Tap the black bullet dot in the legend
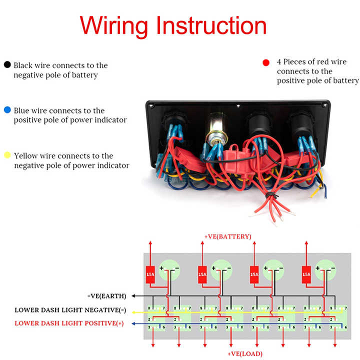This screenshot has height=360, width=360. [7, 65]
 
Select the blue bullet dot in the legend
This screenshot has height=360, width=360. [7, 110]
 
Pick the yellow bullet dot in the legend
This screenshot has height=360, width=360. [7, 155]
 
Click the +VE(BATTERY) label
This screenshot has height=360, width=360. [227, 236]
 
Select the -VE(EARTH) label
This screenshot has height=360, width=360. [106, 295]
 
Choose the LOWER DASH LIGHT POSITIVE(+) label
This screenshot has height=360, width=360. [69, 323]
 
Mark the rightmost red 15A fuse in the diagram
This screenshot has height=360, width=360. [306, 274]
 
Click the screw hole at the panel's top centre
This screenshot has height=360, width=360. [239, 107]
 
